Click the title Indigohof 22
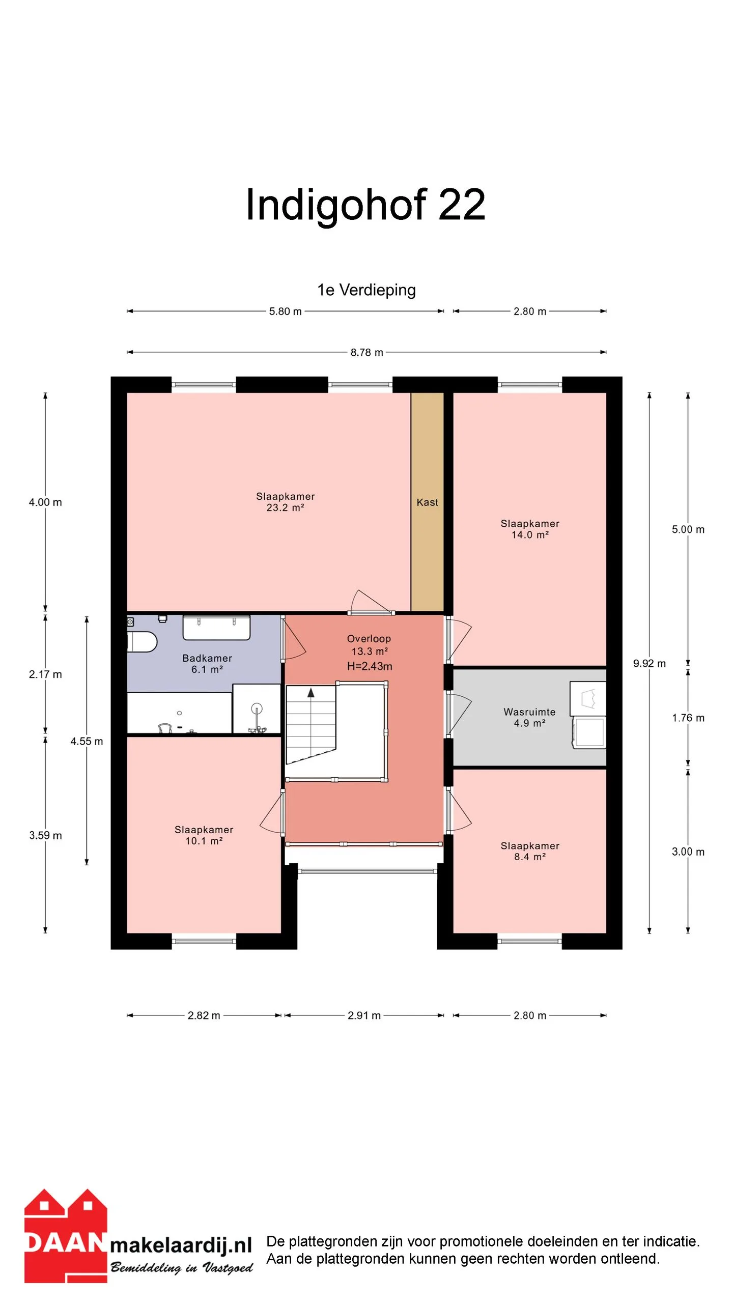point(365,205)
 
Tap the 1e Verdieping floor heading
point(366,290)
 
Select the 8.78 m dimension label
point(366,352)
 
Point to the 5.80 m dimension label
point(285,311)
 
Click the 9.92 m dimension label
point(649,664)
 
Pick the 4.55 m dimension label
point(87,742)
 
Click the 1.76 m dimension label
point(688,718)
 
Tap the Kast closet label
point(427,502)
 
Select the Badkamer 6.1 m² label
point(207,664)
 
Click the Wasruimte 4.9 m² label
point(529,717)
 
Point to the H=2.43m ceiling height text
point(370,666)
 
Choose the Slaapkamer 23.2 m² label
point(285,502)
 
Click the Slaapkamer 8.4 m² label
point(530,851)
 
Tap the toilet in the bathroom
point(142,642)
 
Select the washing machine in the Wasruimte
point(589,733)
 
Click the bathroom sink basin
point(216,628)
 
